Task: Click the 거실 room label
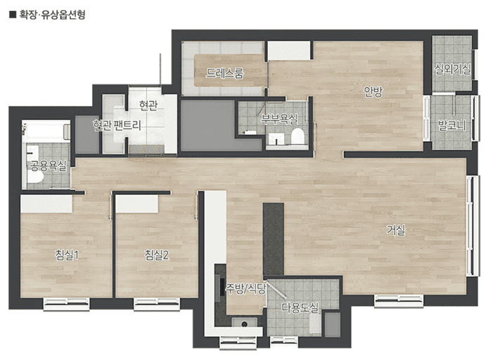point(396,230)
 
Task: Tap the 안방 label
point(373,91)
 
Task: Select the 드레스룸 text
point(224,73)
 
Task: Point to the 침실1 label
point(67,255)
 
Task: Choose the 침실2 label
point(157,255)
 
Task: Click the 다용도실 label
point(300,307)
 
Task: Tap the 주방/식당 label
point(246,289)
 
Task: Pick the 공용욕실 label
point(49,166)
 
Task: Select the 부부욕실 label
point(279,119)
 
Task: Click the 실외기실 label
point(453,69)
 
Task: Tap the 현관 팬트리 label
point(117,125)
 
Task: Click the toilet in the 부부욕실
point(297,136)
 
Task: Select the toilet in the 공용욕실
point(34,176)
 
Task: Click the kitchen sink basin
point(245,323)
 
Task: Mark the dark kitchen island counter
point(274,239)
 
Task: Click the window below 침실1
point(66,304)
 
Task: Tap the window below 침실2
point(157,304)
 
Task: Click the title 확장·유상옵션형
point(53,15)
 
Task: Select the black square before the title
point(13,15)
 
